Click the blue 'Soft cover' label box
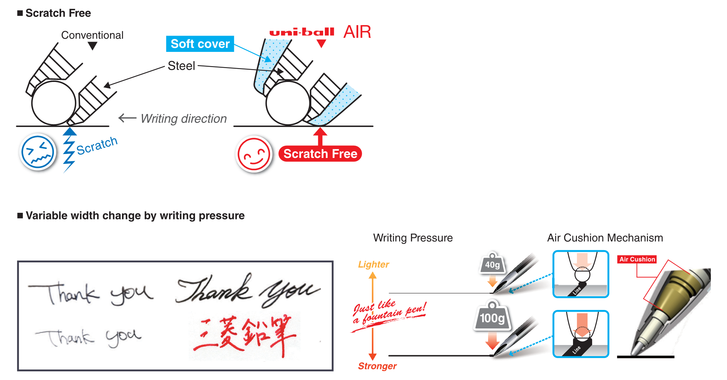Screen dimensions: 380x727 200,44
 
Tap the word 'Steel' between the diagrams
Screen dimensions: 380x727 181,66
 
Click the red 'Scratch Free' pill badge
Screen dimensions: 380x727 320,154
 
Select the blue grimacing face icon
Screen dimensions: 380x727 38,152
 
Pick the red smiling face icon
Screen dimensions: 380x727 254,154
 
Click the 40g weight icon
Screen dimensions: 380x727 492,264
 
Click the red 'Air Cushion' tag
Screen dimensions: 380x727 637,259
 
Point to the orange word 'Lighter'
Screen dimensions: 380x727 373,264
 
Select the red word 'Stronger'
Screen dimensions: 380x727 377,366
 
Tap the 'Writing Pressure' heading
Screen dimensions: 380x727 413,238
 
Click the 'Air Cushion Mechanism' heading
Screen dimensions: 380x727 605,238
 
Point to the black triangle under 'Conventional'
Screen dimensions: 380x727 93,46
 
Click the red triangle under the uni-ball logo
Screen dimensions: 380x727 321,43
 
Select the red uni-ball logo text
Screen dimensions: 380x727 302,32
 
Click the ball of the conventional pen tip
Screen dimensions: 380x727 54,103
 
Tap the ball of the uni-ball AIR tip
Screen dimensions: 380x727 288,103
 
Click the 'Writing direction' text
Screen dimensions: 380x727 183,119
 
